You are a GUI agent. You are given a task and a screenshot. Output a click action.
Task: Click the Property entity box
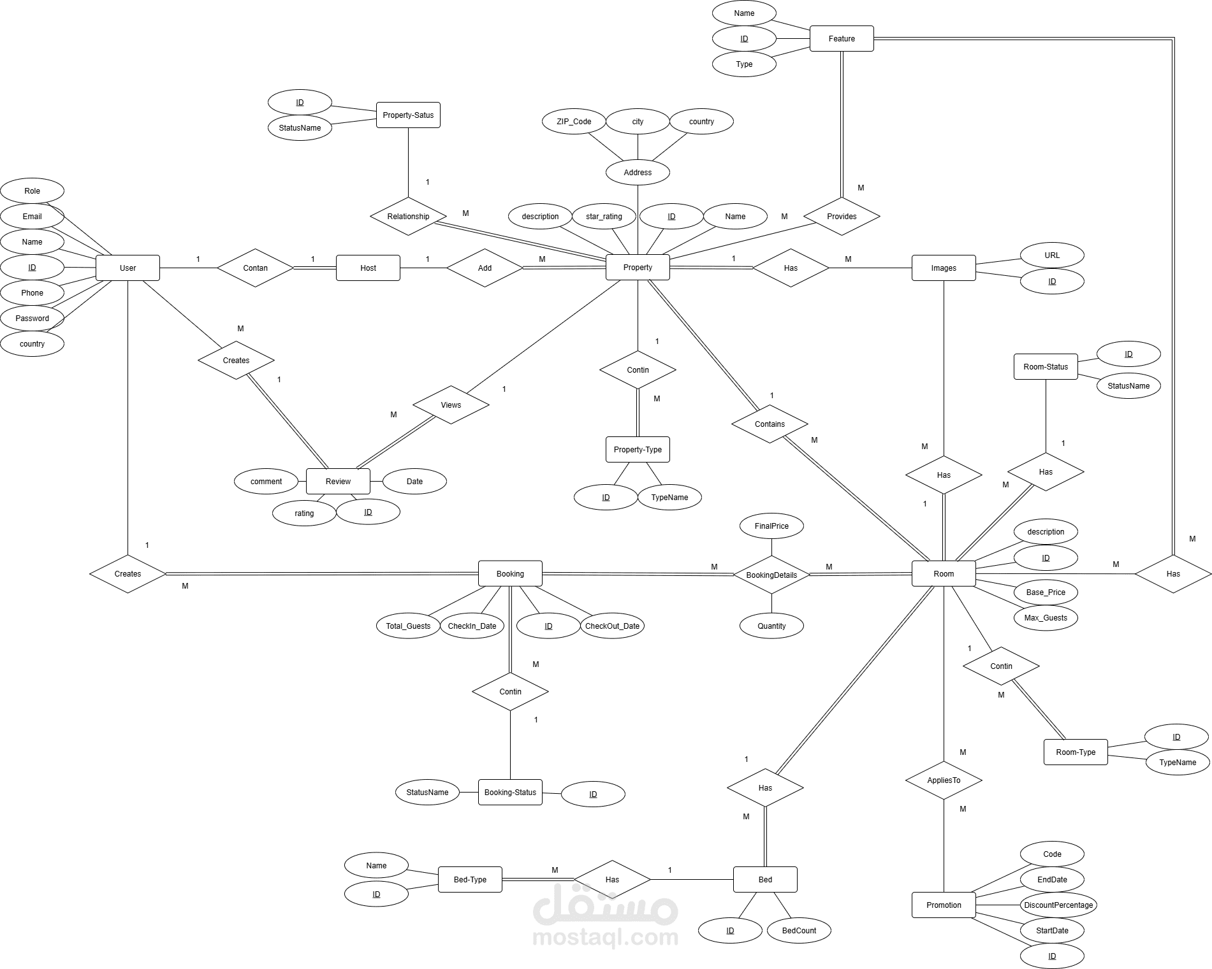point(638,268)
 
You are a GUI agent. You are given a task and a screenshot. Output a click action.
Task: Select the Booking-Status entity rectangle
point(510,792)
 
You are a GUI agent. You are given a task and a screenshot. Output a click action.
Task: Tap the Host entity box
point(368,268)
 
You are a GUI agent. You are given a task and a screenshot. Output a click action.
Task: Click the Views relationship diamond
point(451,405)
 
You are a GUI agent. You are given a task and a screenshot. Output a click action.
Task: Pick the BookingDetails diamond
point(771,575)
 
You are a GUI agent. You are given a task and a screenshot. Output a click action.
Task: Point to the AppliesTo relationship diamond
point(944,780)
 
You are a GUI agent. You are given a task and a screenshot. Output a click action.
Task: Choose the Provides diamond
point(842,216)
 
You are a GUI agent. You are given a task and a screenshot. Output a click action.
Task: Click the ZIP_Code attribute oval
point(574,121)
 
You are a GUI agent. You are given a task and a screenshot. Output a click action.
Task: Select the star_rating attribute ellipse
point(604,216)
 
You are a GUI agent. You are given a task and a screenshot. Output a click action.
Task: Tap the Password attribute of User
point(32,318)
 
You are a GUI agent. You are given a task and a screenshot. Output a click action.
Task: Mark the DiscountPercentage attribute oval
point(1058,905)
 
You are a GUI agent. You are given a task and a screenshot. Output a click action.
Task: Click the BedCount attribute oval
point(799,930)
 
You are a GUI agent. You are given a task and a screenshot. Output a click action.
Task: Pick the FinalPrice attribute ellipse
point(771,526)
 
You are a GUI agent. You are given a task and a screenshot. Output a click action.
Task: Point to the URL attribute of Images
point(1052,255)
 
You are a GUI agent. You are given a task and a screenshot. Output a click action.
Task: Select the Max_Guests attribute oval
point(1046,617)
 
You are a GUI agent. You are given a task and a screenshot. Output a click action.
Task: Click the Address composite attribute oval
point(638,172)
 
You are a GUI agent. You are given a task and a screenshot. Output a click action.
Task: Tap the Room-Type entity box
point(1076,752)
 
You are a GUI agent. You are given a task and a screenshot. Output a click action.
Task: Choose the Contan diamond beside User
point(255,268)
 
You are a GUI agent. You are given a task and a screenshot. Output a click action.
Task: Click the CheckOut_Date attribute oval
point(612,626)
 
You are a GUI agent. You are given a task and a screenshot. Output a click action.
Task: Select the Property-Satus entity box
point(408,115)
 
